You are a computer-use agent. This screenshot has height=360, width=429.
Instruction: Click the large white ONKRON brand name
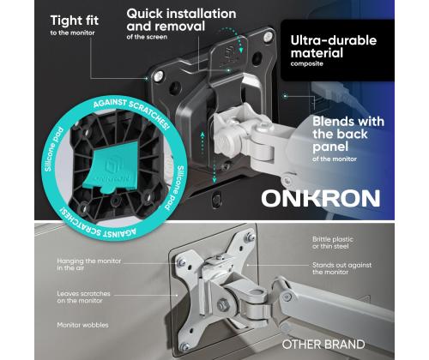(x=321, y=198)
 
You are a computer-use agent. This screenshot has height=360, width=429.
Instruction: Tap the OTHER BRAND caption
(x=323, y=345)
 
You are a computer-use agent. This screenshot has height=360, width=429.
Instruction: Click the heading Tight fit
(x=75, y=21)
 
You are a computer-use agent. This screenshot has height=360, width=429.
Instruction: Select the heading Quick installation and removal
(x=181, y=20)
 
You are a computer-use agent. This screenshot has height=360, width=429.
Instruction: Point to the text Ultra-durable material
(x=334, y=46)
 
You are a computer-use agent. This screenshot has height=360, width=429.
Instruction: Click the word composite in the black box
(x=306, y=63)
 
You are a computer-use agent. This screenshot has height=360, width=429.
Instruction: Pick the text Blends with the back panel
(x=348, y=134)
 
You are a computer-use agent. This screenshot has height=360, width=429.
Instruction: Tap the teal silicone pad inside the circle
(x=111, y=168)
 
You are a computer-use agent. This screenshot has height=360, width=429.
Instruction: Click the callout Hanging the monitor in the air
(x=89, y=264)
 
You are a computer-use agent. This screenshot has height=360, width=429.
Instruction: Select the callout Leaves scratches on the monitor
(x=83, y=297)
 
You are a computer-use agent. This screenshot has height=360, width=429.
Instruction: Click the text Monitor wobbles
(x=82, y=325)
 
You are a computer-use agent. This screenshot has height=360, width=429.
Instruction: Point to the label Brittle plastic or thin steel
(x=333, y=243)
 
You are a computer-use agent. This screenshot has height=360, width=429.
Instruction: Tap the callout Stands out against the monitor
(x=341, y=268)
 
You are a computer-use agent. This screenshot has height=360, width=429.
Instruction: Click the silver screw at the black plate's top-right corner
(x=268, y=36)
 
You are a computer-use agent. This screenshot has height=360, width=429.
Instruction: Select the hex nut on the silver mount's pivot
(x=223, y=305)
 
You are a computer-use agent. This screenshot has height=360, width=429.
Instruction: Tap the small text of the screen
(x=147, y=37)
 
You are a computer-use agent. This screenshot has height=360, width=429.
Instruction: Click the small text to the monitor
(x=72, y=33)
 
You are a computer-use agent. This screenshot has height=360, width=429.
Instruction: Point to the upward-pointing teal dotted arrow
(x=202, y=143)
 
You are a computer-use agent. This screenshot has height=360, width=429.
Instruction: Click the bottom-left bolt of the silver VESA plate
(x=185, y=347)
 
